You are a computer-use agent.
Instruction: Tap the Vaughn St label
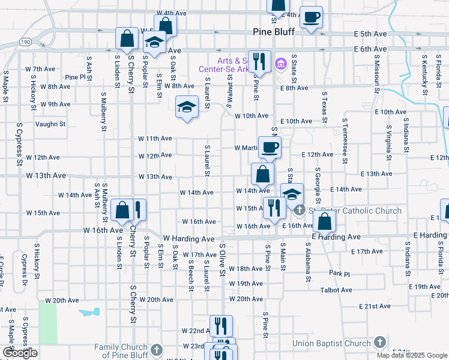click(50, 124)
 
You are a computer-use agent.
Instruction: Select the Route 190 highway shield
click(25, 43)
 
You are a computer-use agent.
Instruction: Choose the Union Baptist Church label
click(331, 344)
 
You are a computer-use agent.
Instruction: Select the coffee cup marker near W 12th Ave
click(270, 148)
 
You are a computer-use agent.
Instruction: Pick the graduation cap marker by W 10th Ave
click(187, 107)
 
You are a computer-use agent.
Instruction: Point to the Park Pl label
click(339, 274)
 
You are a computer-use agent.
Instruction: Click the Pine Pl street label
click(76, 77)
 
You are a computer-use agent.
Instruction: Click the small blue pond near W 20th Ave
click(89, 313)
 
